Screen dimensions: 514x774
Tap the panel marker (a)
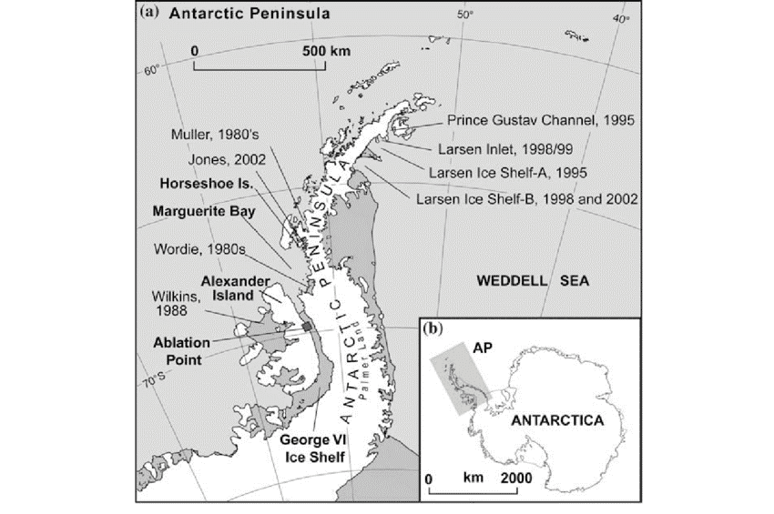click(151, 15)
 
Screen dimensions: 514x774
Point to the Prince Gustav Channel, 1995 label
click(524, 119)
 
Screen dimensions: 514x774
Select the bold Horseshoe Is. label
click(198, 182)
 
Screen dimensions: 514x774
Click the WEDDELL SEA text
click(533, 283)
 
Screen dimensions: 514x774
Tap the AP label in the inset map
click(482, 347)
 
